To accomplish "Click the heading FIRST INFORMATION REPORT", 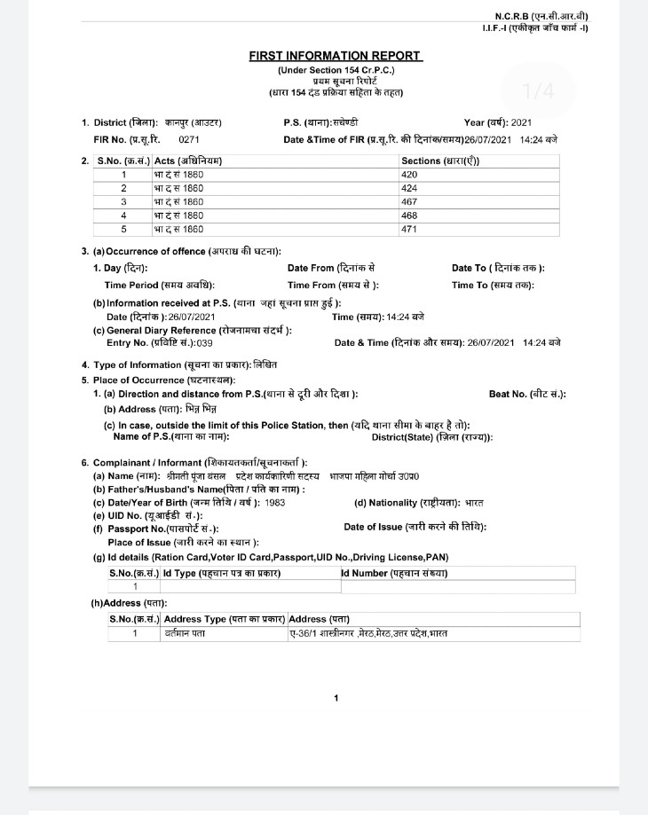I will click(336, 56).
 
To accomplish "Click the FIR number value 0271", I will click(189, 139).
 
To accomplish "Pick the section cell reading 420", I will click(409, 175).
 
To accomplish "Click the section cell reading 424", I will click(409, 188).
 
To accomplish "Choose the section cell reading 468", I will click(409, 215).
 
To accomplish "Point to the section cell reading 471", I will click(409, 229).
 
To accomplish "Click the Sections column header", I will click(441, 161).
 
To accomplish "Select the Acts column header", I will click(188, 161).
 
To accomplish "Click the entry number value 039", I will click(204, 342).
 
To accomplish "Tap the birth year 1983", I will click(275, 502).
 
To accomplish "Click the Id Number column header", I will click(395, 573).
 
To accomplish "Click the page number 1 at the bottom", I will click(336, 698).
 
